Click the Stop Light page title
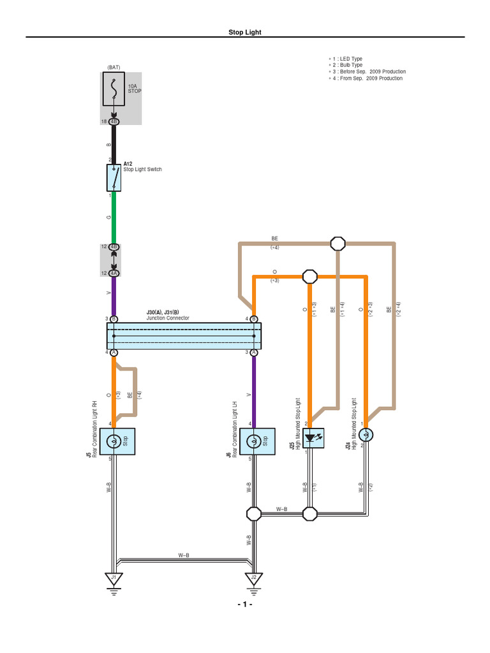coord(245,32)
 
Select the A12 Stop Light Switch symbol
coord(114,178)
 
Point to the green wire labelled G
coord(114,217)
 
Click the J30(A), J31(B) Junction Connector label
coord(168,316)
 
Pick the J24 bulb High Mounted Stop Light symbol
coord(366,435)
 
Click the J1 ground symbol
coord(114,578)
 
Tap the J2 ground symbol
coord(254,578)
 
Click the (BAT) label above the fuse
coord(114,67)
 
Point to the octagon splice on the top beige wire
coord(338,243)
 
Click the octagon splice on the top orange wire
coord(309,277)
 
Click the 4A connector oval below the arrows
coord(114,273)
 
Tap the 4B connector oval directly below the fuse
coord(114,121)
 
